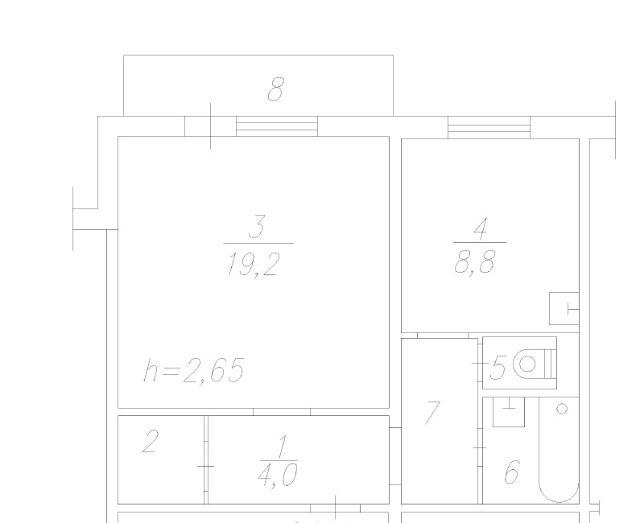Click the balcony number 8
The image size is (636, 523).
pos(276,89)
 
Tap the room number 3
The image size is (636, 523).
pos(257,227)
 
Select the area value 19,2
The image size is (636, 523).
pos(254,265)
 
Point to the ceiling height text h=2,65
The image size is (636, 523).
pos(194,370)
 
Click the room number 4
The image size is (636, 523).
pos(481,229)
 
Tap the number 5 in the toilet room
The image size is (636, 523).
pos(498,368)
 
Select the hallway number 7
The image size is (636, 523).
pos(432,412)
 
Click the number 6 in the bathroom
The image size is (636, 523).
pos(512,472)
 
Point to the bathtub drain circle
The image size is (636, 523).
pos(562,409)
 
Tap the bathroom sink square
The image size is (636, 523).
pos(509,412)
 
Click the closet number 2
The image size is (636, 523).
pos(150,441)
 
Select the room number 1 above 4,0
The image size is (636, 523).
pos(282,447)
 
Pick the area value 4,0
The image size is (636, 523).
pos(278,476)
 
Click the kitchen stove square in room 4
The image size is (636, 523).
pos(564,308)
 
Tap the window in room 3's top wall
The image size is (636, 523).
pos(277,126)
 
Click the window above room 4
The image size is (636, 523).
pos(489,127)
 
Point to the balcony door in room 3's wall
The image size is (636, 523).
pos(210,126)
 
